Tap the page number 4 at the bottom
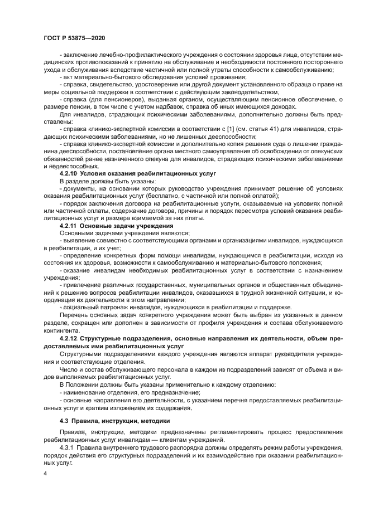click(x=45, y=475)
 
